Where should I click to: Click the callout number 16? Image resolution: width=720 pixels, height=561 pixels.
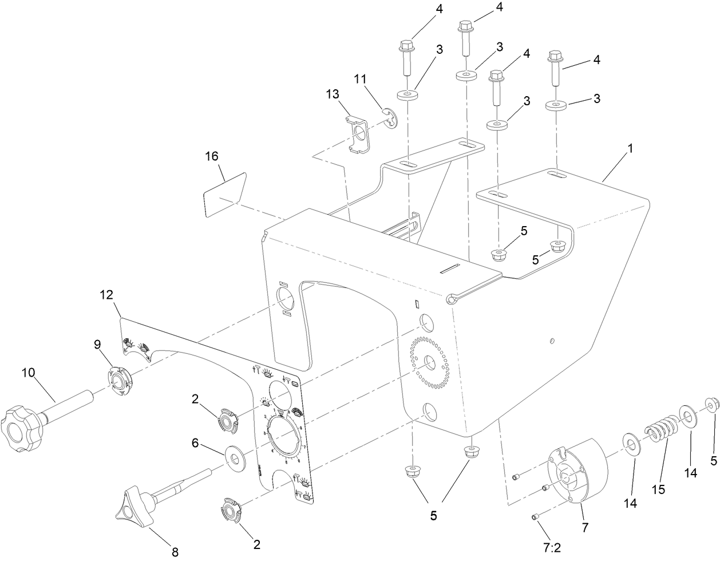pos(212,156)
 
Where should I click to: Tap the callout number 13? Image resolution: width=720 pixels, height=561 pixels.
pos(333,94)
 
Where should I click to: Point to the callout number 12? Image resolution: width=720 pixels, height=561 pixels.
pos(106,295)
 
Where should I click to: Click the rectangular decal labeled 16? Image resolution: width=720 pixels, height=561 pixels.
pos(225,195)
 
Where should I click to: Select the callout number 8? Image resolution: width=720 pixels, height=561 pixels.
pos(175,552)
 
